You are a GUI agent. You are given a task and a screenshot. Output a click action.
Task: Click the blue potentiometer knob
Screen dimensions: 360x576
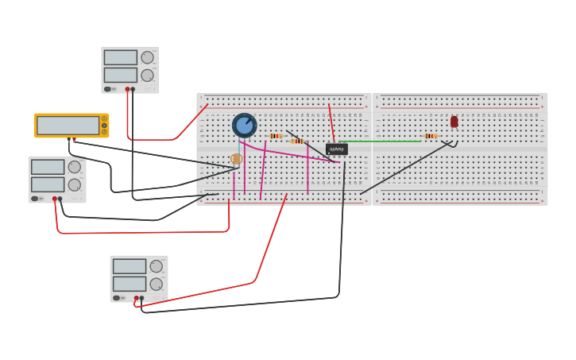pyautogui.click(x=244, y=125)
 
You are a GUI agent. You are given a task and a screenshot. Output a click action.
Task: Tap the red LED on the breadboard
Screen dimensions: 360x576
pyautogui.click(x=454, y=122)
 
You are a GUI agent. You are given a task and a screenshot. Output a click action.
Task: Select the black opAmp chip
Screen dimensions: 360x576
pyautogui.click(x=336, y=149)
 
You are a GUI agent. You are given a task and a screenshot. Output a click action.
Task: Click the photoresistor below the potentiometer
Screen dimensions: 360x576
pyautogui.click(x=236, y=159)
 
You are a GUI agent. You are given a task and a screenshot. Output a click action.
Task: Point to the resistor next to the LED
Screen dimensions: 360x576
pyautogui.click(x=430, y=136)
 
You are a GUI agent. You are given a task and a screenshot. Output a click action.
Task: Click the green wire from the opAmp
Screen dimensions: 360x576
pyautogui.click(x=381, y=141)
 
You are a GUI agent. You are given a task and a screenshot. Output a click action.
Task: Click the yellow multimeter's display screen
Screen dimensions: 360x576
pyautogui.click(x=68, y=126)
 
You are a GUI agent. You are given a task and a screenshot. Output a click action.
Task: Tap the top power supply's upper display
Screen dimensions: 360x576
pyautogui.click(x=120, y=57)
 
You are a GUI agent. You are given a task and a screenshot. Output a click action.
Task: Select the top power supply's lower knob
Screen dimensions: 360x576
pyautogui.click(x=147, y=75)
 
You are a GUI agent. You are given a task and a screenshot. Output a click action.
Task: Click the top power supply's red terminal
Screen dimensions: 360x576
pyautogui.click(x=127, y=89)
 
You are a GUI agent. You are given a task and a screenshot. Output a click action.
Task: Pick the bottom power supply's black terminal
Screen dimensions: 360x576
pyautogui.click(x=141, y=298)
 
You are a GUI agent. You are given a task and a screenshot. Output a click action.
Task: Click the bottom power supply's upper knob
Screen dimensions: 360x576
pyautogui.click(x=156, y=266)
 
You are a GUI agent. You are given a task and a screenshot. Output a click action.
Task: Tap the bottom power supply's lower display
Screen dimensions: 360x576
pyautogui.click(x=129, y=284)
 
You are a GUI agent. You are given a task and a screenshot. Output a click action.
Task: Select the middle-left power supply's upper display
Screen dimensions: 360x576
pyautogui.click(x=47, y=167)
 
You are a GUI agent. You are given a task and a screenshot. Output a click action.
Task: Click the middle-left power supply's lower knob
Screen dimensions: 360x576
pyautogui.click(x=74, y=184)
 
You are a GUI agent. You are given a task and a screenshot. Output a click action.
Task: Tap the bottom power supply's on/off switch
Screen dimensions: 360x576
pyautogui.click(x=117, y=298)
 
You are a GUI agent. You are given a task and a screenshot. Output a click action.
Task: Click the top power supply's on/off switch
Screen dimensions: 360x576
pyautogui.click(x=108, y=89)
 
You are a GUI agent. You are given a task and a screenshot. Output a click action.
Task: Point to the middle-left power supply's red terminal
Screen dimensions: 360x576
pyautogui.click(x=55, y=199)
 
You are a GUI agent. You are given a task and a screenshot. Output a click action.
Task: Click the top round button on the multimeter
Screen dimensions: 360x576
pyautogui.click(x=104, y=119)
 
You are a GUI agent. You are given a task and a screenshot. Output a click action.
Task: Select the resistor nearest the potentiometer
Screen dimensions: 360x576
pyautogui.click(x=276, y=136)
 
